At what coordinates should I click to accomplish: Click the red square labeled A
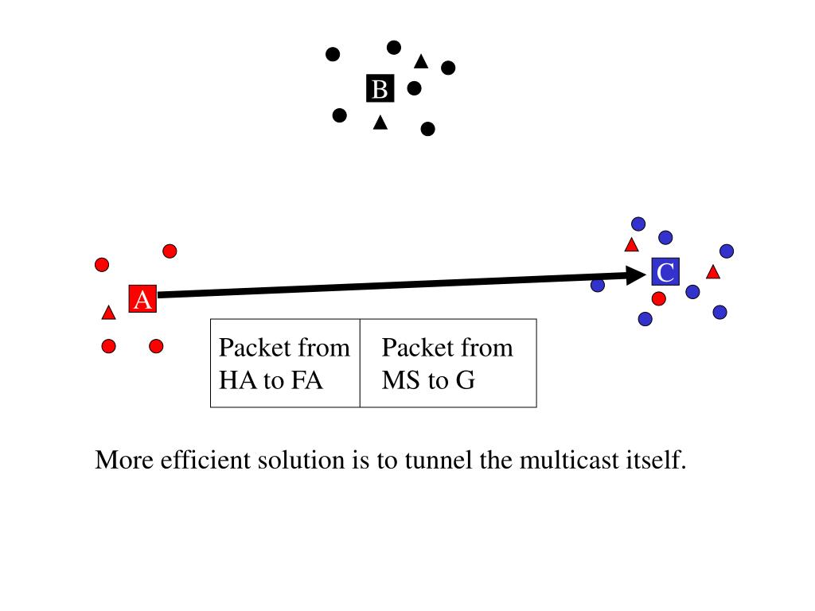coord(142,299)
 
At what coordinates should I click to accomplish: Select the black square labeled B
coord(380,88)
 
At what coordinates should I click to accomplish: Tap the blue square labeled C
coord(665,272)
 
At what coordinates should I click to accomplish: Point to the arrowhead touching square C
coord(635,275)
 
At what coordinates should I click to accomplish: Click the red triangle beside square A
coord(108,313)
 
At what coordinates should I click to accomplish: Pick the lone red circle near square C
coord(658,299)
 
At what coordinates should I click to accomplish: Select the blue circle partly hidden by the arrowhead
coord(598,286)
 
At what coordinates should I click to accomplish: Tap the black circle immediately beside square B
coord(414,88)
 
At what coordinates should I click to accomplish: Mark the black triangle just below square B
coord(380,123)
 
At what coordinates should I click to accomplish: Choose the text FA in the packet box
coord(306,380)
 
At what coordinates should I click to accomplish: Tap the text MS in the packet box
coord(401,380)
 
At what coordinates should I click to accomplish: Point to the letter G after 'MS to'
coord(465,380)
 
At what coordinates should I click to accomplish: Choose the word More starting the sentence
coord(124,460)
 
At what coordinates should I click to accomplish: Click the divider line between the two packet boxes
coord(361,363)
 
